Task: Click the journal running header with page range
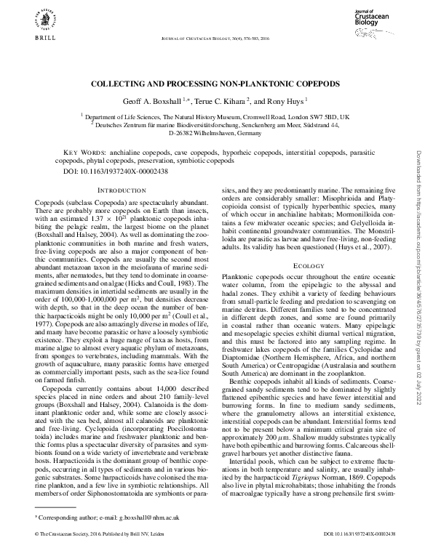(x=216, y=39)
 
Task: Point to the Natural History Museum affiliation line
(x=216, y=116)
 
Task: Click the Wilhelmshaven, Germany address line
(x=216, y=133)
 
